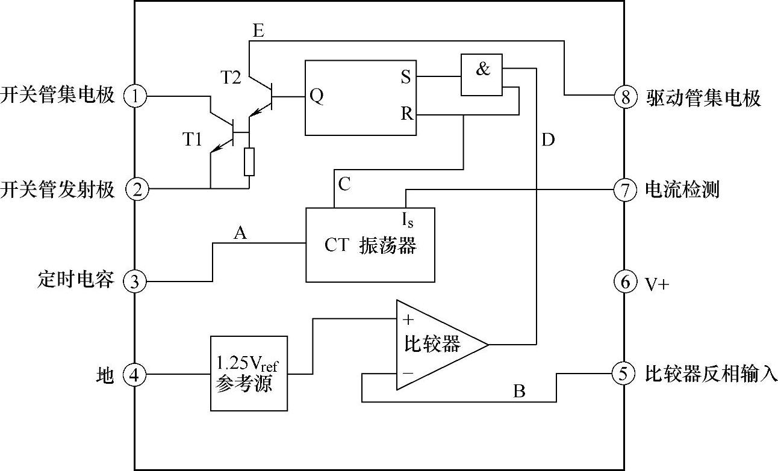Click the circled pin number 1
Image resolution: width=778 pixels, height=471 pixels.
pos(138,96)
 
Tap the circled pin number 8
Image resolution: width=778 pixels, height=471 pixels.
pos(625,96)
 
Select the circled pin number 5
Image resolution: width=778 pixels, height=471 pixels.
pos(624,374)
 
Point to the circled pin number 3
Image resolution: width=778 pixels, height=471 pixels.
pos(138,282)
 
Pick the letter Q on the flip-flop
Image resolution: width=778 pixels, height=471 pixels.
pos(316,96)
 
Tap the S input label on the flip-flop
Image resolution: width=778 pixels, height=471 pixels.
pos(406,77)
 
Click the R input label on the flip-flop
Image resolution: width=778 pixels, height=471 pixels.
pos(407,114)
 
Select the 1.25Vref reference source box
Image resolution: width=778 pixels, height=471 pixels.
pos(248,373)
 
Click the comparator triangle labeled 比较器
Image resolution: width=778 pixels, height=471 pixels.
pos(434,345)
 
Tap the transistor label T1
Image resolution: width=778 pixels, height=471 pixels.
pos(192,140)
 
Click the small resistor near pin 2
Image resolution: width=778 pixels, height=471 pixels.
pos(249,161)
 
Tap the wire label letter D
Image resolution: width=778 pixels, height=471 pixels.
pos(548,140)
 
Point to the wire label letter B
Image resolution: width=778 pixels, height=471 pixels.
pos(519,392)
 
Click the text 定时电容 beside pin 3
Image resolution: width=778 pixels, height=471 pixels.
pos(76,281)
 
